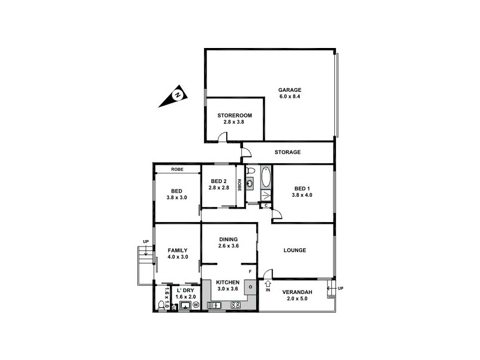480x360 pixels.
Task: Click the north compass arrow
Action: point(173,97)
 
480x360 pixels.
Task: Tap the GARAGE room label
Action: point(289,90)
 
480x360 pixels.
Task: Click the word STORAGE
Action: point(287,152)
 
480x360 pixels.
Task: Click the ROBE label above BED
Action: point(177,170)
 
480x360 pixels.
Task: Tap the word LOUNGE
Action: point(295,250)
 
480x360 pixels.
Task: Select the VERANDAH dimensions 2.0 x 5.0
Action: point(301,298)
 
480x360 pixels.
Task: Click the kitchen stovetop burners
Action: point(236,305)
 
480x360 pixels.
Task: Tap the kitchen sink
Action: point(214,305)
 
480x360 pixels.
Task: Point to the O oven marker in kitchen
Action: point(251,287)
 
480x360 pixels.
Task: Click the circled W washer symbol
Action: point(195,305)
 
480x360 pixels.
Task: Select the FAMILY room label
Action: point(178,250)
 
